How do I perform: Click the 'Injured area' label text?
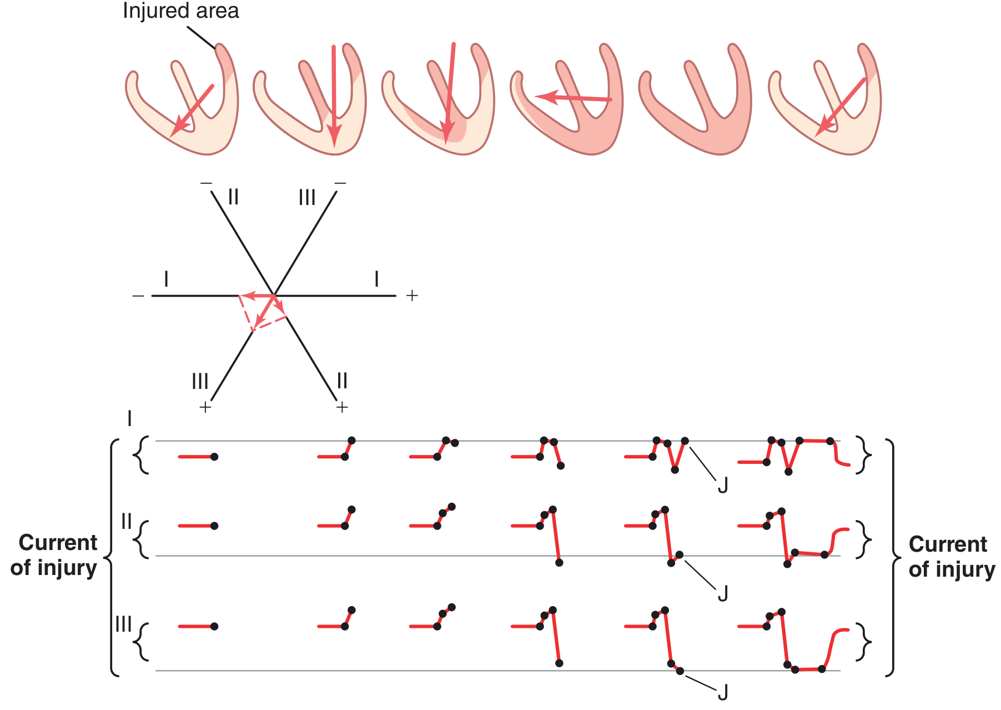(180, 11)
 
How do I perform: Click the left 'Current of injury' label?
(54, 555)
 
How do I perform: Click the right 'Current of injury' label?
(952, 557)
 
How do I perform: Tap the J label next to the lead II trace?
(722, 594)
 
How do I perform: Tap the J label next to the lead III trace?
(722, 693)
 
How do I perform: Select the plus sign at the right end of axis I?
(411, 296)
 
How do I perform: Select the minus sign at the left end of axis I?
(138, 296)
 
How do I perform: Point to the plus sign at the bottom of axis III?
(205, 407)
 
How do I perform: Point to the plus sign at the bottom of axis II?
(342, 407)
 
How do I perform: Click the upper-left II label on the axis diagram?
(233, 197)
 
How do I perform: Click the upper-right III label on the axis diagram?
(307, 197)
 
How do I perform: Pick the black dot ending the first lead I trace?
(214, 457)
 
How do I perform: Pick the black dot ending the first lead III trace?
(214, 627)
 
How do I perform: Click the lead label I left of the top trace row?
(129, 418)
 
